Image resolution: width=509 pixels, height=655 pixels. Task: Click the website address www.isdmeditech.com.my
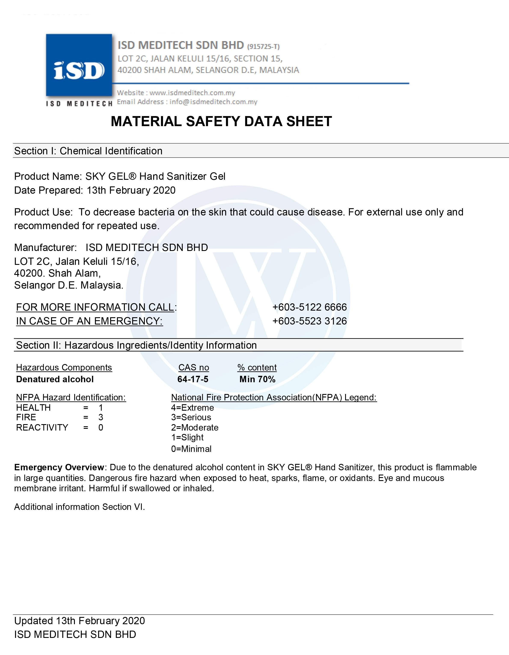[192, 93]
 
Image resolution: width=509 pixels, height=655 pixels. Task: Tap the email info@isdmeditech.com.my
[213, 102]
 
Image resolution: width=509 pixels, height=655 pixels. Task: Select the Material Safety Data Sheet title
[221, 121]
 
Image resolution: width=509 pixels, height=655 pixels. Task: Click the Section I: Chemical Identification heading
[88, 151]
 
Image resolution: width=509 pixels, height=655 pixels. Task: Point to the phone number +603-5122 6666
[309, 307]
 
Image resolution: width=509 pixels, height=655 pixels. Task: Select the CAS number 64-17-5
[193, 379]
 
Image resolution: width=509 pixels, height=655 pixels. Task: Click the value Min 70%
[257, 379]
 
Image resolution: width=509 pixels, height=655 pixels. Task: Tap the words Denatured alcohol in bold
[55, 379]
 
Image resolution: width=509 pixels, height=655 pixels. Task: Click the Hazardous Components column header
[64, 367]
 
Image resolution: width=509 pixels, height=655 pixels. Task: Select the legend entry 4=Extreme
[192, 408]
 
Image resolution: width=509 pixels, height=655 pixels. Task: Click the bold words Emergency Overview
[59, 467]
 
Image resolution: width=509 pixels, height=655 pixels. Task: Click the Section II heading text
[136, 345]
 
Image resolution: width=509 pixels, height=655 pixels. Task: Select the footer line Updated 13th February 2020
[80, 621]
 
